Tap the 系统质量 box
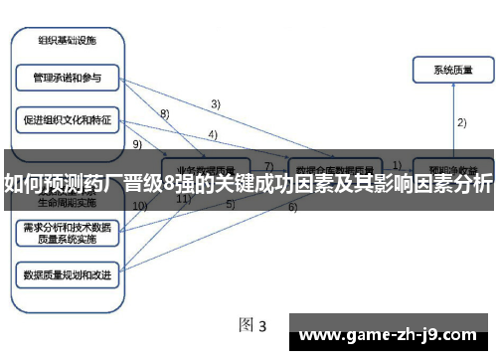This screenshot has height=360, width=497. pos(453,71)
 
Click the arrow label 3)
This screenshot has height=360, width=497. pos(215,103)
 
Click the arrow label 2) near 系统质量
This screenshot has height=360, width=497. pos(461,122)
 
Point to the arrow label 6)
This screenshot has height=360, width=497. pos(292,208)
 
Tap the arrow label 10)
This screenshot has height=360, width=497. pos(139,206)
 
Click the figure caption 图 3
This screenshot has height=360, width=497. pos(252,325)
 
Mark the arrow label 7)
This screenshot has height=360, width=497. pos(267,165)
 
